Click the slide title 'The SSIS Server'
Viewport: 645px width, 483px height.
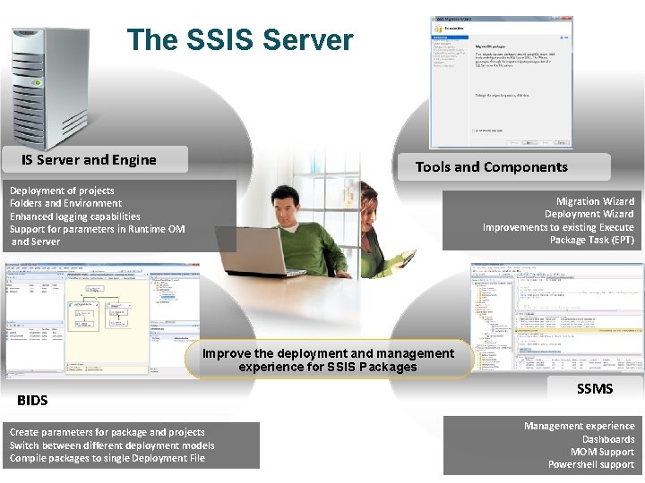pos(240,40)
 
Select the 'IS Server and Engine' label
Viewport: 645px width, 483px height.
pos(89,160)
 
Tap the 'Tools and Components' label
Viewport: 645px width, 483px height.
pos(491,166)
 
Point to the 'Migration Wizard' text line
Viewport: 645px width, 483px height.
pos(595,201)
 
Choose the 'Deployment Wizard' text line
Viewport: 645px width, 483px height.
pos(589,214)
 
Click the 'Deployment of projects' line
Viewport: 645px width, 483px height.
pos(62,191)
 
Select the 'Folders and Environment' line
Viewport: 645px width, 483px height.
pos(65,203)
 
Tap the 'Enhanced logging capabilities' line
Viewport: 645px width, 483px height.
pos(75,216)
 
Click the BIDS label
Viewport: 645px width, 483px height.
pos(32,400)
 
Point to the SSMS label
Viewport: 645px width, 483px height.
pos(595,388)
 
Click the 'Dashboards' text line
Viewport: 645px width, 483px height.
pos(608,439)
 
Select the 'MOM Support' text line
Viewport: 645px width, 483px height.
pos(602,452)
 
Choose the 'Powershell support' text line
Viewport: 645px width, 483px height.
pos(591,464)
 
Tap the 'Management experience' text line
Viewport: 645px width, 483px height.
pos(579,426)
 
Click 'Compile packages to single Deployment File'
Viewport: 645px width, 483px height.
pos(107,458)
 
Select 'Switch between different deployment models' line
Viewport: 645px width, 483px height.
pos(112,445)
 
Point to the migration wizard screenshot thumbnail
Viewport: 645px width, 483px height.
pos(501,80)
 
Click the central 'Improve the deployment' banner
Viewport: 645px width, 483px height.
pos(328,360)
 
